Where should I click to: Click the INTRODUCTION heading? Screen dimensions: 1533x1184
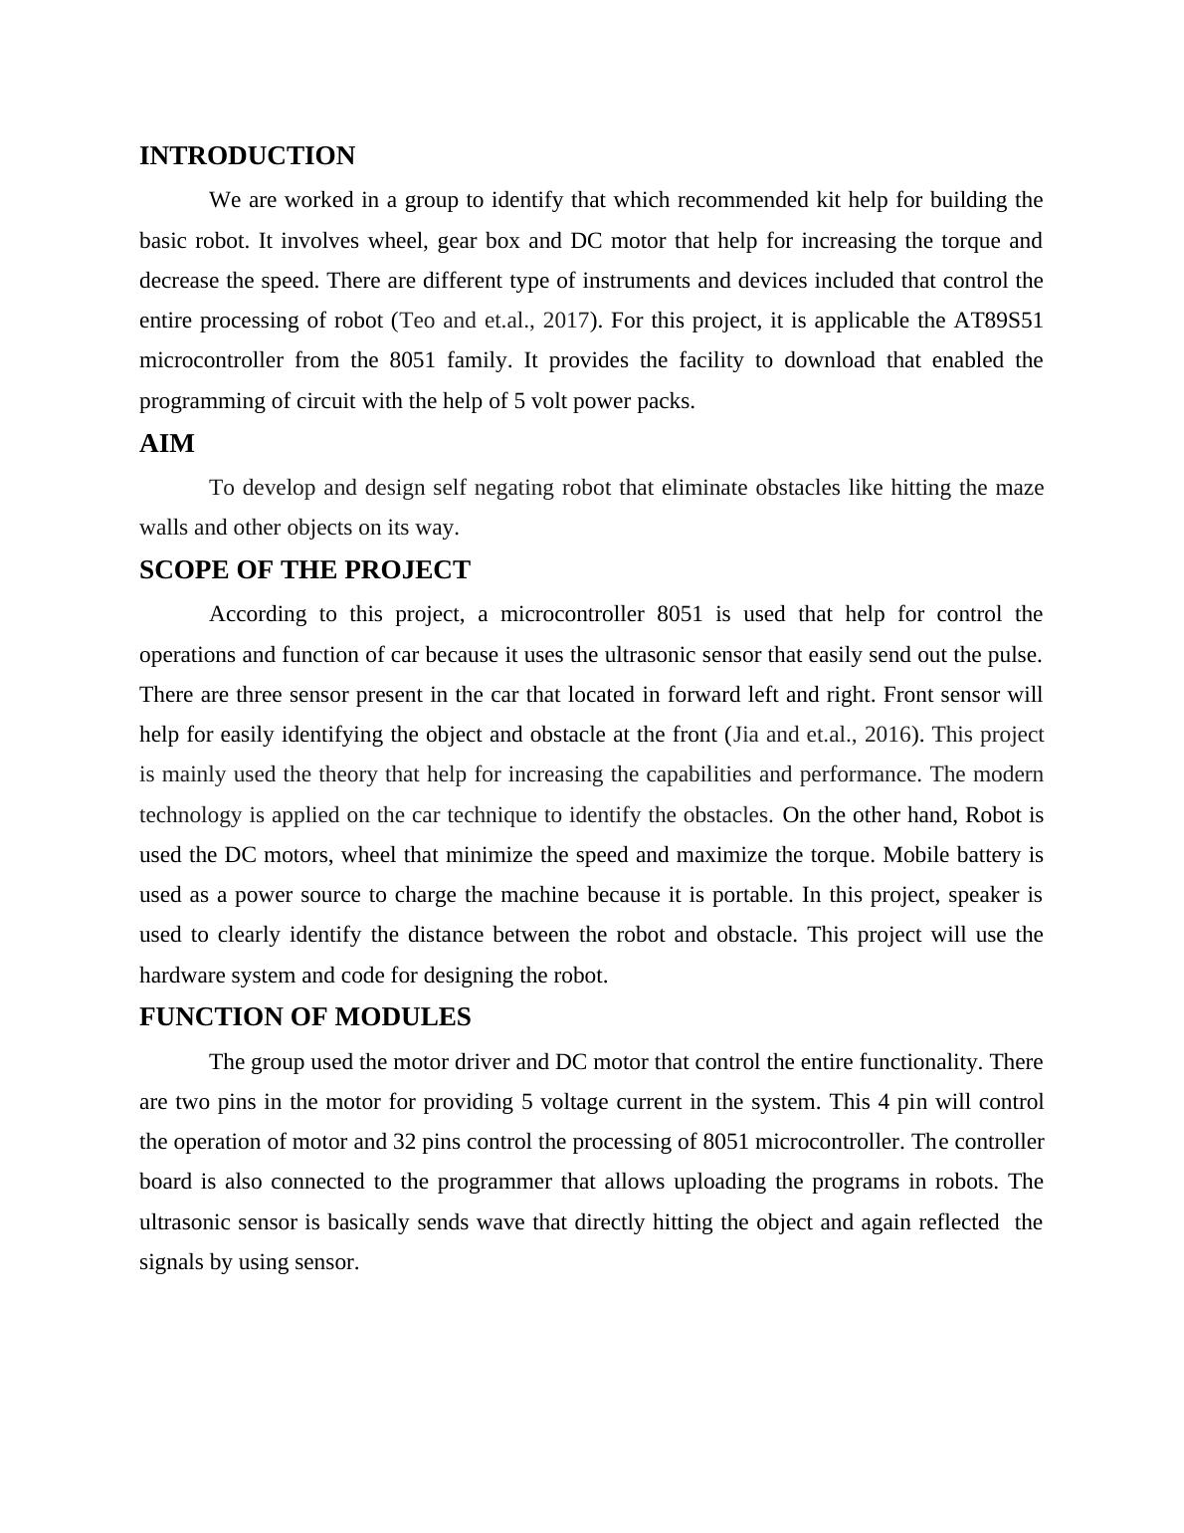click(247, 156)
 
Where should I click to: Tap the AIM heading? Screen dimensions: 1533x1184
click(167, 444)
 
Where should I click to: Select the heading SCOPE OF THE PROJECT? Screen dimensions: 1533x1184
click(304, 570)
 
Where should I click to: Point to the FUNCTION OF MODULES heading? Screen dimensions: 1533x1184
click(304, 1017)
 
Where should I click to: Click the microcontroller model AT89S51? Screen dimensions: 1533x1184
click(998, 321)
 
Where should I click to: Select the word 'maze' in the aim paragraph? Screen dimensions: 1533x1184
click(1019, 488)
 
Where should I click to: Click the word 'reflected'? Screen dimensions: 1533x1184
click(951, 1222)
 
